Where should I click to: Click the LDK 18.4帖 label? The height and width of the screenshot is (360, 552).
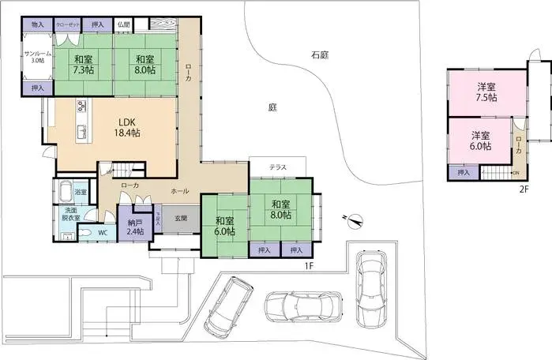coord(130,128)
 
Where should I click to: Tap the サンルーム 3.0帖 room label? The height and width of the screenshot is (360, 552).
coord(36,56)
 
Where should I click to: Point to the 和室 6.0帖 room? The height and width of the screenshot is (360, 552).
coord(223,226)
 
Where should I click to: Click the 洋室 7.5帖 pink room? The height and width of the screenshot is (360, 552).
coord(486,92)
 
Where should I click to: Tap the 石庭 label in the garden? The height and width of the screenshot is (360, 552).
coord(319,56)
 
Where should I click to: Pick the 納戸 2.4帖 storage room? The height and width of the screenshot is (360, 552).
coord(135,227)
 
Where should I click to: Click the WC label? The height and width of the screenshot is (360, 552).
coord(103,234)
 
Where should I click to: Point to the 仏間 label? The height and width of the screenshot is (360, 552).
coord(124,24)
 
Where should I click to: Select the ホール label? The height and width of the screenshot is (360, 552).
coord(179,190)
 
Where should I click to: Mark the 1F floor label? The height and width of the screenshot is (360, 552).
coord(309,265)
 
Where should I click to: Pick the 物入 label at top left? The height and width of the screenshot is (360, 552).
coord(37,24)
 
